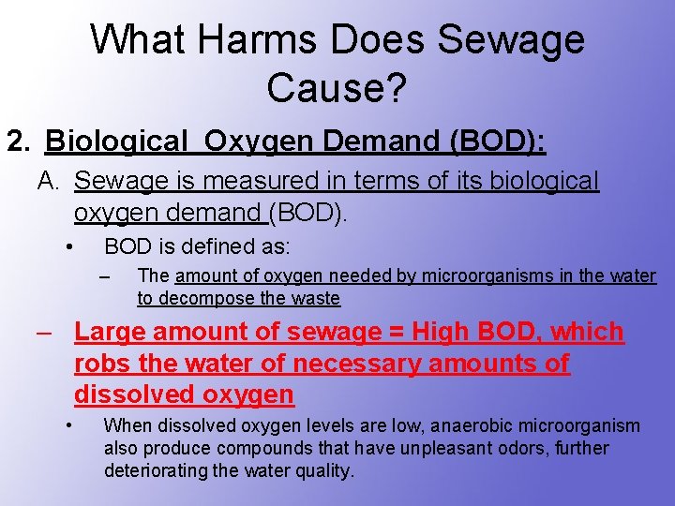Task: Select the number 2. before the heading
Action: (x=18, y=141)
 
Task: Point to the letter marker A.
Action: (x=49, y=180)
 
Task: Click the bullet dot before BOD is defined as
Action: (x=68, y=247)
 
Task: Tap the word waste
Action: (x=315, y=299)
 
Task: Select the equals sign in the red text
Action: (x=395, y=332)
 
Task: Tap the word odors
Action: (x=539, y=449)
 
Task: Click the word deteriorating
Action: (x=157, y=471)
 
